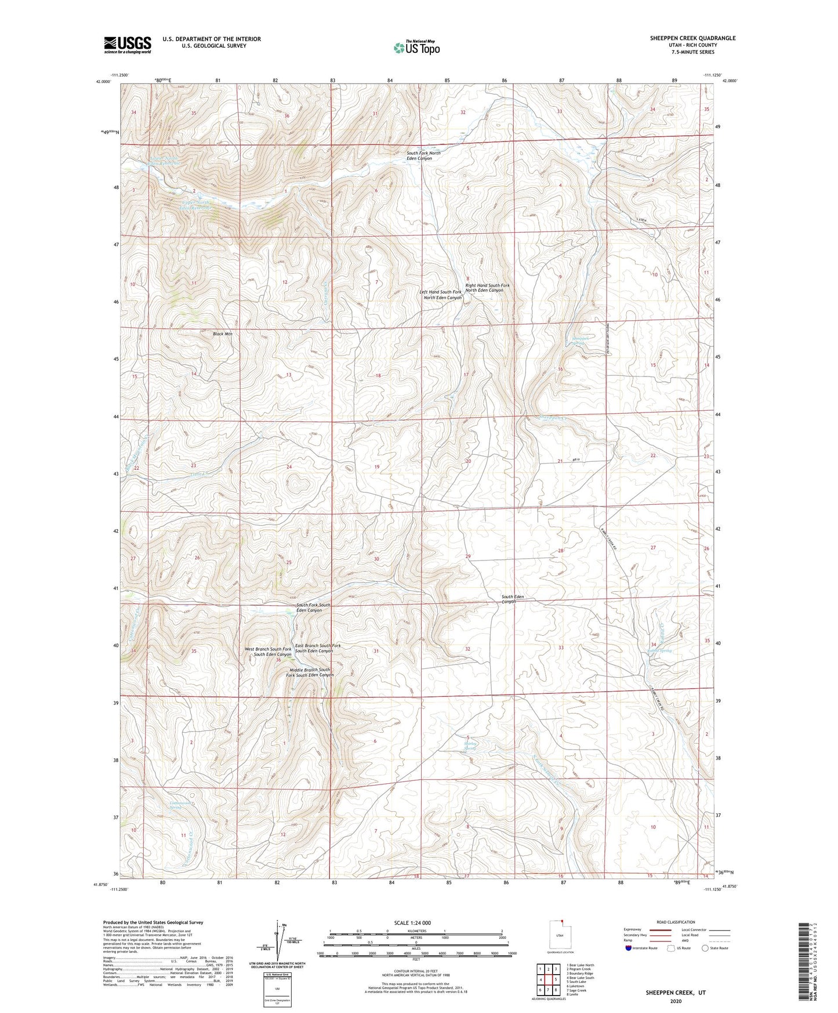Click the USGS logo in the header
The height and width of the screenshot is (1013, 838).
(128, 45)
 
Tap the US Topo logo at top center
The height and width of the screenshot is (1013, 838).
(416, 48)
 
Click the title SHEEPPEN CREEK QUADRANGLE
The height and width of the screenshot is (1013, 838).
(692, 38)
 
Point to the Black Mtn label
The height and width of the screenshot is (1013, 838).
(222, 334)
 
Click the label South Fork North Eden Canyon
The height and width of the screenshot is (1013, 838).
(423, 155)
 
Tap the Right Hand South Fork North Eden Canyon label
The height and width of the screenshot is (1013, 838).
(487, 288)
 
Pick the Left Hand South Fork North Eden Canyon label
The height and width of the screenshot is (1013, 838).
(441, 295)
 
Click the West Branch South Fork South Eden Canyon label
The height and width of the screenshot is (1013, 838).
(268, 652)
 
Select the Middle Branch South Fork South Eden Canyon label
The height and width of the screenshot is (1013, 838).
(310, 672)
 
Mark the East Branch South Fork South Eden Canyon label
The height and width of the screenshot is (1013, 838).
(318, 648)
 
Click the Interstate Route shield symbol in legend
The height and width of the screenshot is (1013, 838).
(629, 949)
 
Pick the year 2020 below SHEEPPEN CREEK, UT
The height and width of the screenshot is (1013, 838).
(675, 1001)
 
